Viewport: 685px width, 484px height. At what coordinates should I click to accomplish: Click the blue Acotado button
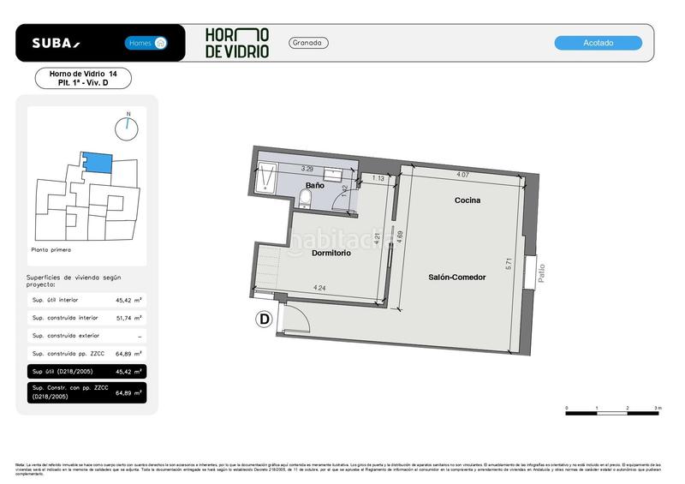point(598,43)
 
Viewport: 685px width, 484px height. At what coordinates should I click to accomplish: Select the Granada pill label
point(309,43)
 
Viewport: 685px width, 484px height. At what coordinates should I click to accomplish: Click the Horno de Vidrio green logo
point(237,43)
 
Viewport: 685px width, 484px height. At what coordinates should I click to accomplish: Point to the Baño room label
point(314,185)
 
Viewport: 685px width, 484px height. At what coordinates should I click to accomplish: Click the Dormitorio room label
point(331,253)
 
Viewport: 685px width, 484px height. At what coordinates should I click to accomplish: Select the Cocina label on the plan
point(468,200)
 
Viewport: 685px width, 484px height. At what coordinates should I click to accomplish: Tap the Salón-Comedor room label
point(456,277)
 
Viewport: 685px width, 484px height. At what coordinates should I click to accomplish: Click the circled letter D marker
point(265,320)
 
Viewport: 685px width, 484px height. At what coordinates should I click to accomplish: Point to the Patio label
point(541,272)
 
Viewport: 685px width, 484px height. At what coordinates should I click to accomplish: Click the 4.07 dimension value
point(462,176)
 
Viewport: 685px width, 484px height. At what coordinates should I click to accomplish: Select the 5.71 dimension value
point(509,266)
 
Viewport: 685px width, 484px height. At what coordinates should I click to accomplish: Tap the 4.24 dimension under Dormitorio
point(319,288)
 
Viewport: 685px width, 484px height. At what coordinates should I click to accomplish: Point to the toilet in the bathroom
point(306,200)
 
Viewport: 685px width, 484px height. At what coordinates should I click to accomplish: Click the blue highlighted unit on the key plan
point(97,161)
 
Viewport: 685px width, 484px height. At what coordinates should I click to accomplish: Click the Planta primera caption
point(51,250)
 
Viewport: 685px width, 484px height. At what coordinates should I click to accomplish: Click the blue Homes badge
point(146,43)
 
